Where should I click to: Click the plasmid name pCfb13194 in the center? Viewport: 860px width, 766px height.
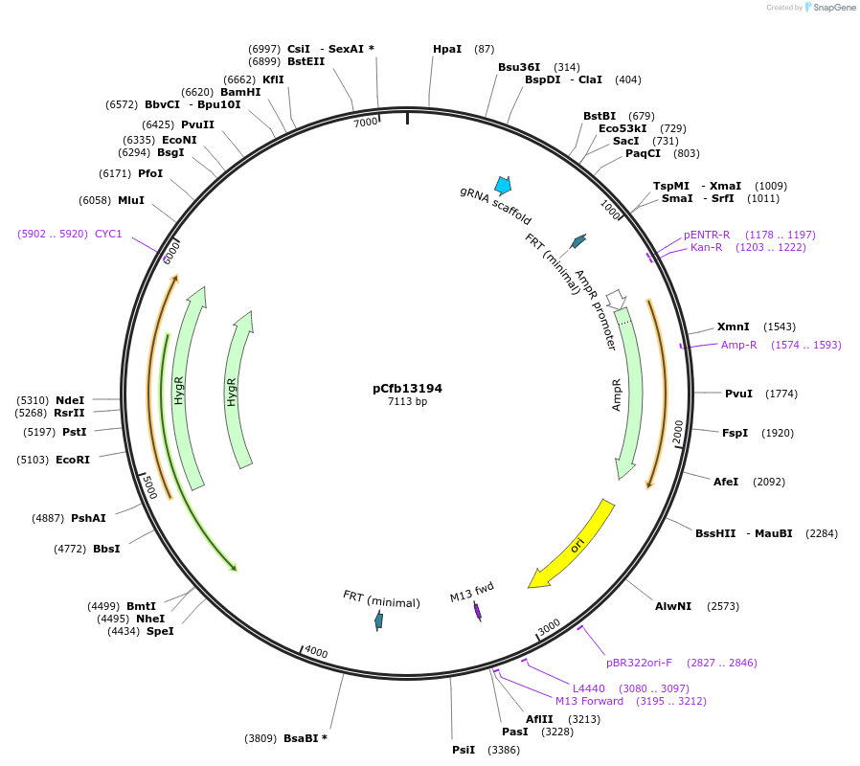click(407, 389)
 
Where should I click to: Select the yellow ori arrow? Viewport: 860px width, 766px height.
click(573, 544)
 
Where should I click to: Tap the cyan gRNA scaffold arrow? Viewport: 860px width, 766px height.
click(502, 185)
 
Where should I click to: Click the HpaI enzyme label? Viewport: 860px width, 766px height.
click(447, 49)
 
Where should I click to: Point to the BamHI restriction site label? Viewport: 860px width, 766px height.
click(240, 92)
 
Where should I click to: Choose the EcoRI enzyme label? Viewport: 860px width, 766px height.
click(73, 460)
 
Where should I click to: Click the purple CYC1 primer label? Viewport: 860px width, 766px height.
click(108, 234)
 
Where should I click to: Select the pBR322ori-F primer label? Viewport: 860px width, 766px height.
click(639, 662)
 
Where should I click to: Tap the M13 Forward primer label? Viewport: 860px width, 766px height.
click(589, 701)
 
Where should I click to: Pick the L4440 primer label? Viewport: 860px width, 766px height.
click(590, 688)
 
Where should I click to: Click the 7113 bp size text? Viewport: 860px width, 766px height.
click(407, 402)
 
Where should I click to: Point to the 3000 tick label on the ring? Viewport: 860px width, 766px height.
click(549, 627)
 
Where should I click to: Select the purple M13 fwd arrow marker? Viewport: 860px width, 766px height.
click(478, 611)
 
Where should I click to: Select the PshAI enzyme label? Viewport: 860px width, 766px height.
click(88, 518)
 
